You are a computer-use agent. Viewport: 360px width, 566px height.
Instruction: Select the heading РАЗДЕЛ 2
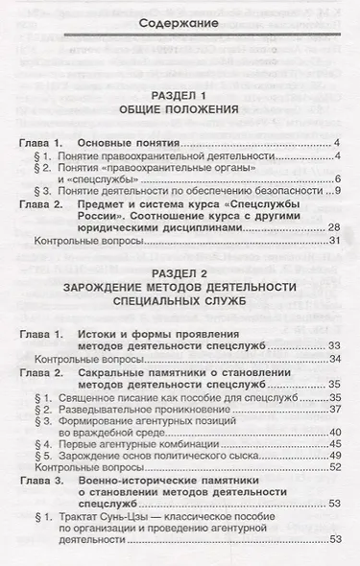click(x=185, y=271)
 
